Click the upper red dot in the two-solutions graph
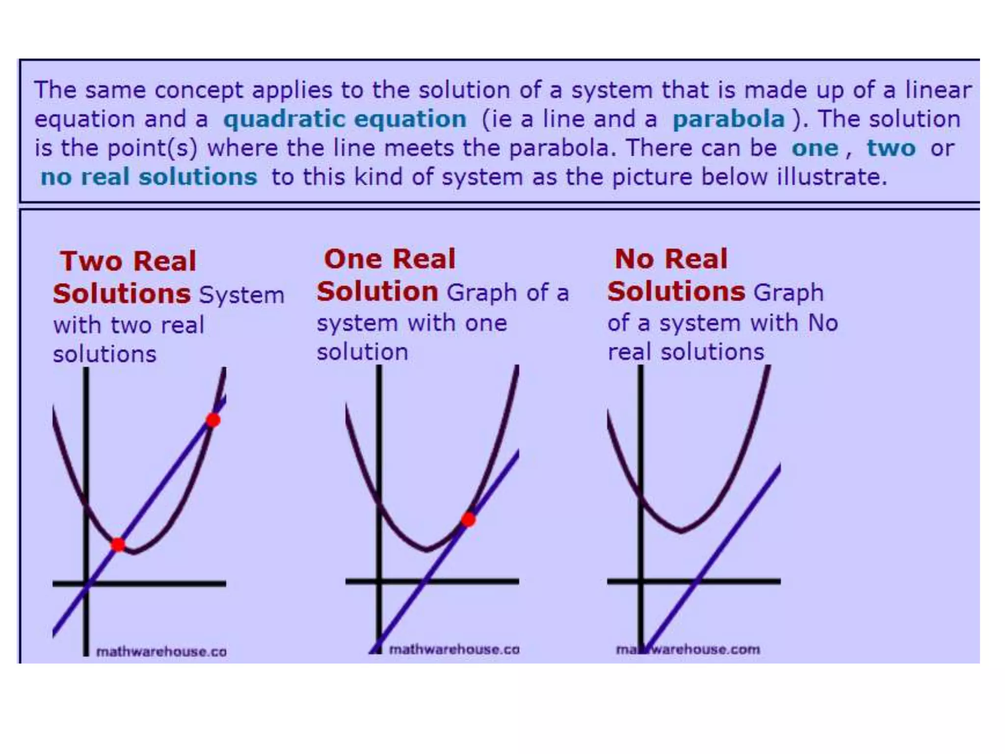(x=213, y=420)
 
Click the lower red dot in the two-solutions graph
(x=118, y=544)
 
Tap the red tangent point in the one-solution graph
(x=469, y=519)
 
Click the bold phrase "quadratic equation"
(x=344, y=119)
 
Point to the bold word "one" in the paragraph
(x=815, y=148)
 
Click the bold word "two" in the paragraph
(x=891, y=148)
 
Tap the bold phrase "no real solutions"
(x=149, y=177)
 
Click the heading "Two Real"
(x=128, y=261)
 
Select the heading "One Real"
(x=390, y=259)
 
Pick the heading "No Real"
(x=671, y=259)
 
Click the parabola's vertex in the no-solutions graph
(x=681, y=531)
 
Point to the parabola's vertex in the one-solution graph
(x=427, y=549)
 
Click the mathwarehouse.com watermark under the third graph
(x=688, y=649)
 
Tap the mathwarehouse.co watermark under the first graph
(x=161, y=651)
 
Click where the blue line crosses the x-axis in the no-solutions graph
(x=696, y=582)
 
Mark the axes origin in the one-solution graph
(x=379, y=582)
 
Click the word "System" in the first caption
(x=241, y=295)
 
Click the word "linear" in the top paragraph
(x=938, y=90)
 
